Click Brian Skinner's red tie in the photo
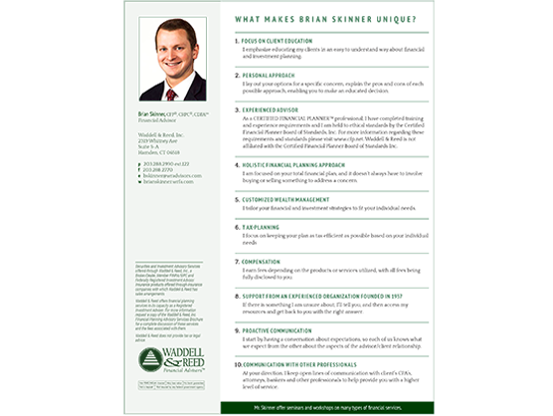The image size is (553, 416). [171, 95]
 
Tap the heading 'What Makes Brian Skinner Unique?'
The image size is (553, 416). [339, 19]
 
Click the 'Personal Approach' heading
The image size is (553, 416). [272, 75]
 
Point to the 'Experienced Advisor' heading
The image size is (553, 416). [276, 109]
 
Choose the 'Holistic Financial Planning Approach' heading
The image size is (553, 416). [297, 163]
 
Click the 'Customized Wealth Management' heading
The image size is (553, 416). [289, 198]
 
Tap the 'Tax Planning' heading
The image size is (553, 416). [263, 227]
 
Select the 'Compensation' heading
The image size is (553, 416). [267, 261]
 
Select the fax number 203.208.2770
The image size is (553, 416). [158, 170]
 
